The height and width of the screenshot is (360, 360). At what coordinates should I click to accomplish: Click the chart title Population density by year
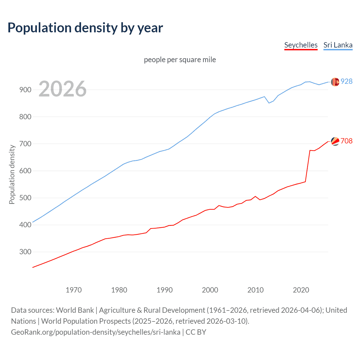pyautogui.click(x=85, y=28)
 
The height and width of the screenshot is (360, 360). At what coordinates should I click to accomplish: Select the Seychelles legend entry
pyautogui.click(x=301, y=45)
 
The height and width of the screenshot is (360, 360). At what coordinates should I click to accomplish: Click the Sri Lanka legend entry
pyautogui.click(x=338, y=45)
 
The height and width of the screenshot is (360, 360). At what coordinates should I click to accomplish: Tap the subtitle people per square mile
pyautogui.click(x=180, y=60)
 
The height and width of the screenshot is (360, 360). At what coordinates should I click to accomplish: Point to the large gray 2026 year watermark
pyautogui.click(x=62, y=89)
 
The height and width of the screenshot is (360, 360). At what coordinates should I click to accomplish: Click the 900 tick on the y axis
pyautogui.click(x=25, y=90)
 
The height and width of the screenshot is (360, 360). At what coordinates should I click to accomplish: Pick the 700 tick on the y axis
pyautogui.click(x=25, y=144)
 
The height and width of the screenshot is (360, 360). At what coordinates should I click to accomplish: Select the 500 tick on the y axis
pyautogui.click(x=25, y=198)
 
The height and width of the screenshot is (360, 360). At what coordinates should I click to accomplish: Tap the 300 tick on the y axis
pyautogui.click(x=25, y=252)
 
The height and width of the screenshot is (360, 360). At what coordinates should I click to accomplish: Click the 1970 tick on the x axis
pyautogui.click(x=74, y=290)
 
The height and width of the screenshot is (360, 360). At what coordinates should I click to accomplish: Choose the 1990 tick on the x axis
pyautogui.click(x=165, y=290)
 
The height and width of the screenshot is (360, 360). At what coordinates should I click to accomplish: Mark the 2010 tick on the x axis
pyautogui.click(x=255, y=290)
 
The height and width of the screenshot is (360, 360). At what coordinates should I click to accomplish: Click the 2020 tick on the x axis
pyautogui.click(x=301, y=290)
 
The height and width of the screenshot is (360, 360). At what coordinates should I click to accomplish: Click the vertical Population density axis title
pyautogui.click(x=12, y=174)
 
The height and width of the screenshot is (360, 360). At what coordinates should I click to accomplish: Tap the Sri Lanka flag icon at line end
pyautogui.click(x=335, y=82)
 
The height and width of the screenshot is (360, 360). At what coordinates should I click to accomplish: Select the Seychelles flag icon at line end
pyautogui.click(x=335, y=141)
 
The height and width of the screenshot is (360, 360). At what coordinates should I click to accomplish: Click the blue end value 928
pyautogui.click(x=346, y=81)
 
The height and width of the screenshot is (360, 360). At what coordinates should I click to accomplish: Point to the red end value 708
pyautogui.click(x=346, y=141)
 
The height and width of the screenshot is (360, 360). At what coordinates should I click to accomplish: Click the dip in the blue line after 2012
pyautogui.click(x=269, y=103)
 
